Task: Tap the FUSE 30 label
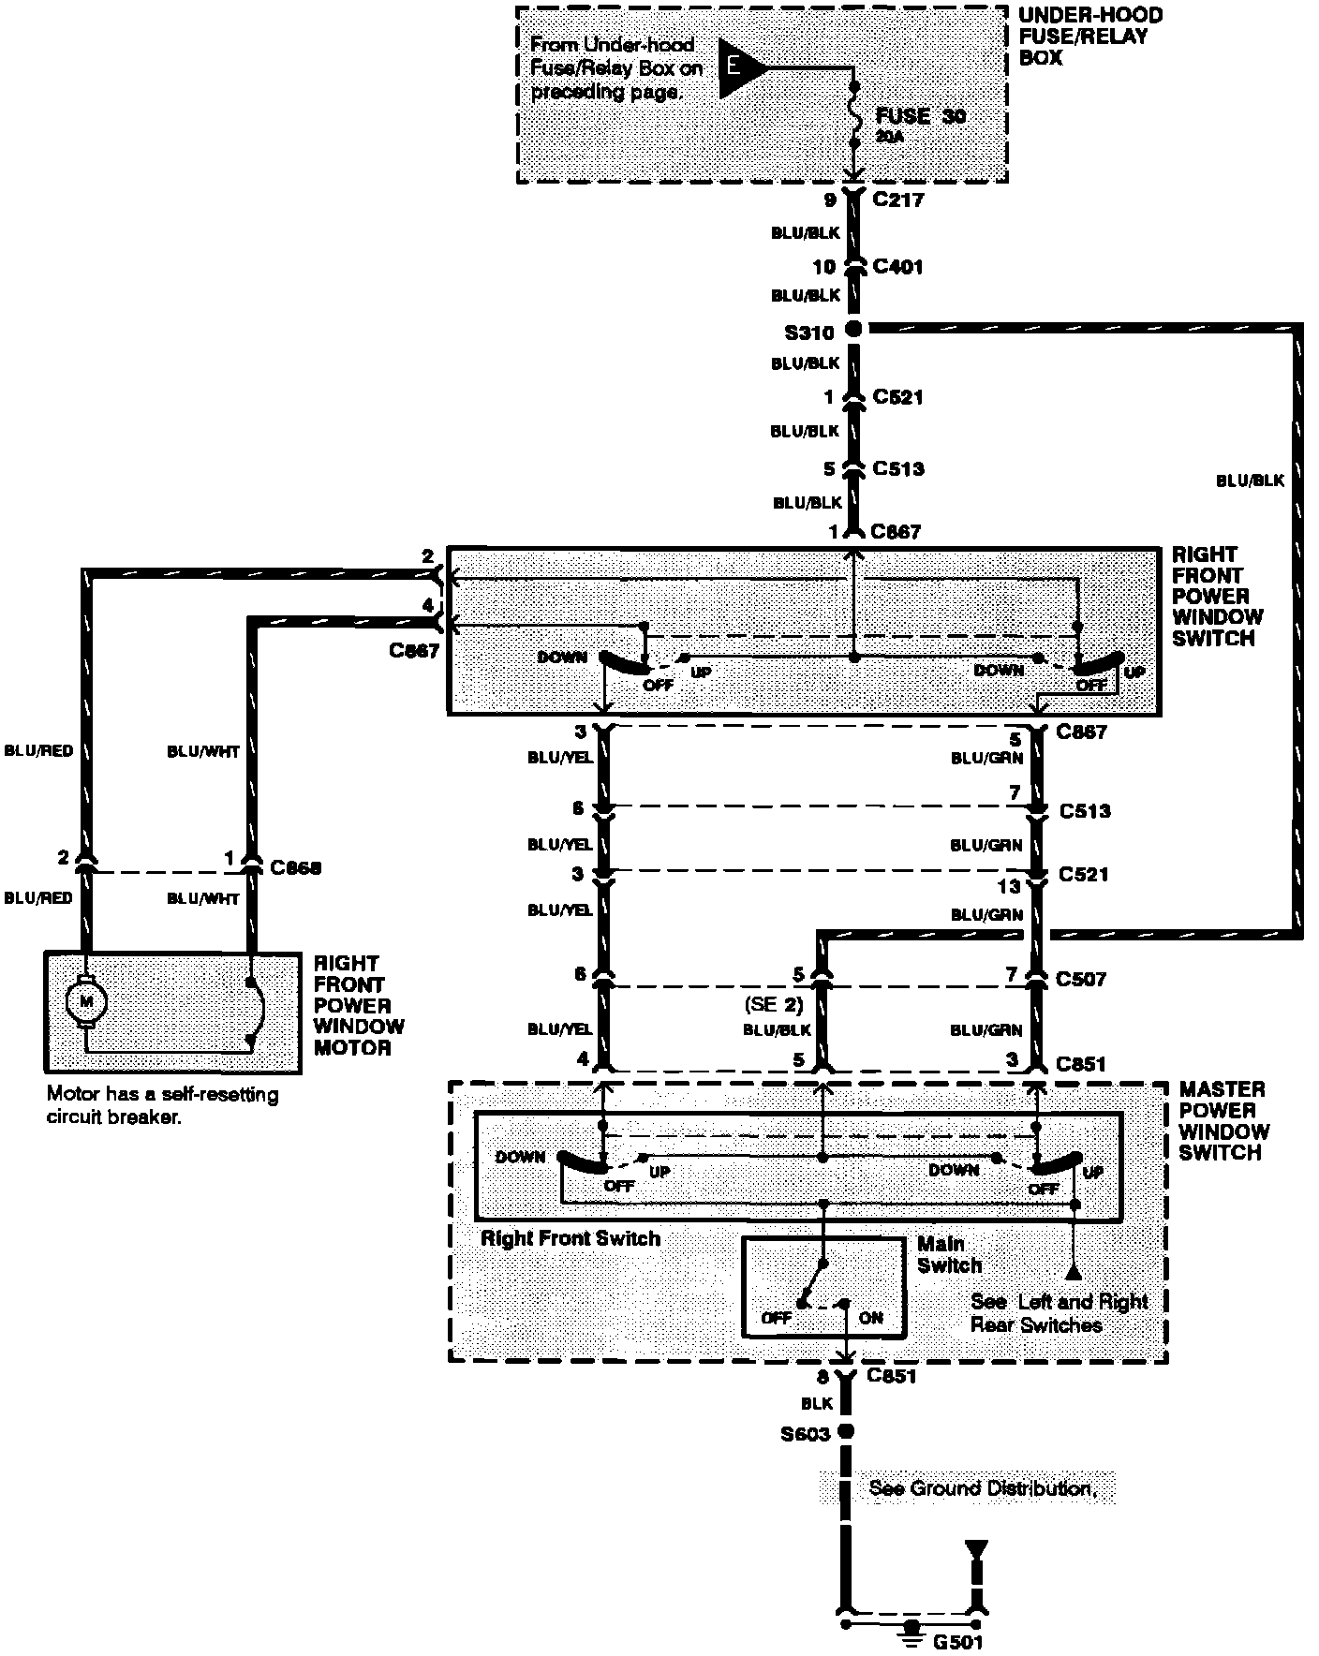tap(920, 116)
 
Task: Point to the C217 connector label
tap(898, 200)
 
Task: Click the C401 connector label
tap(897, 267)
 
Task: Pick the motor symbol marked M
tap(85, 1001)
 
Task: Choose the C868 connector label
tap(295, 868)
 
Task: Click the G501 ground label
tap(957, 1640)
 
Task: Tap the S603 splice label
tap(807, 1434)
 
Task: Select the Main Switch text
tap(949, 1254)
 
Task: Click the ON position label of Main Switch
tap(870, 1317)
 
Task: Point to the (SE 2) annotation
tap(774, 1004)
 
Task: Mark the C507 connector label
tap(1081, 979)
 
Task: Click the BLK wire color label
tap(817, 1404)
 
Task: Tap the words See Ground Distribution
tap(982, 1488)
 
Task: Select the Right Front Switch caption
tap(571, 1238)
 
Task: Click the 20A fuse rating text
tap(891, 137)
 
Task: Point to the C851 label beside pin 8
tap(892, 1376)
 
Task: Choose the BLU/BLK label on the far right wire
tap(1250, 481)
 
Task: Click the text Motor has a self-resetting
tap(163, 1094)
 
